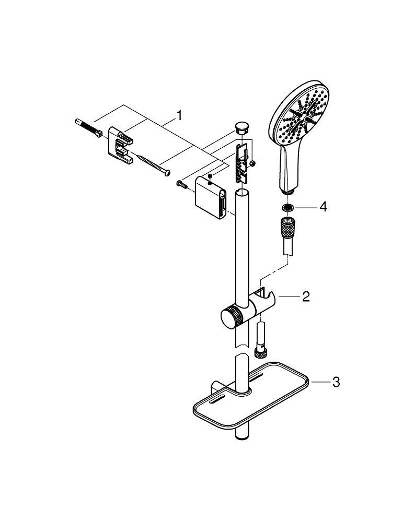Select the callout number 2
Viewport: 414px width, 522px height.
coord(306,297)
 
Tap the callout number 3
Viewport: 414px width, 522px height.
coord(336,383)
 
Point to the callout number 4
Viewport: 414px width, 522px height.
coord(323,207)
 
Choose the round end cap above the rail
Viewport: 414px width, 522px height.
coord(241,127)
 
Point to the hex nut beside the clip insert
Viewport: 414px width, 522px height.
coord(254,163)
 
